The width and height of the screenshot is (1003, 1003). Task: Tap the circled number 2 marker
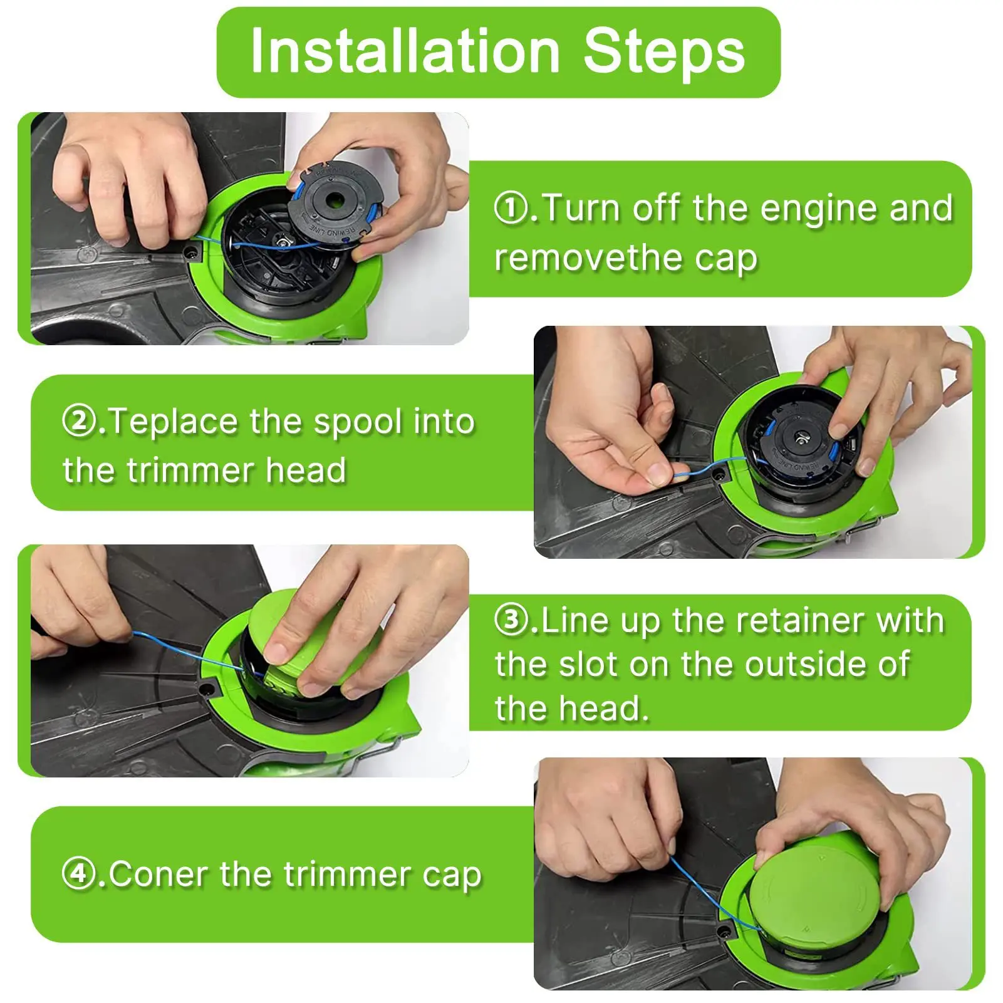[x=79, y=421]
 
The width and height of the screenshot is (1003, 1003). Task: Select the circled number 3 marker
[x=511, y=620]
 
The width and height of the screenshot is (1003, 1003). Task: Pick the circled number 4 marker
[x=79, y=873]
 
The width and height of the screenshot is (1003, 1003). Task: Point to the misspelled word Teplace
[x=173, y=422]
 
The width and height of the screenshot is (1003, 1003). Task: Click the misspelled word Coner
[x=157, y=874]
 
